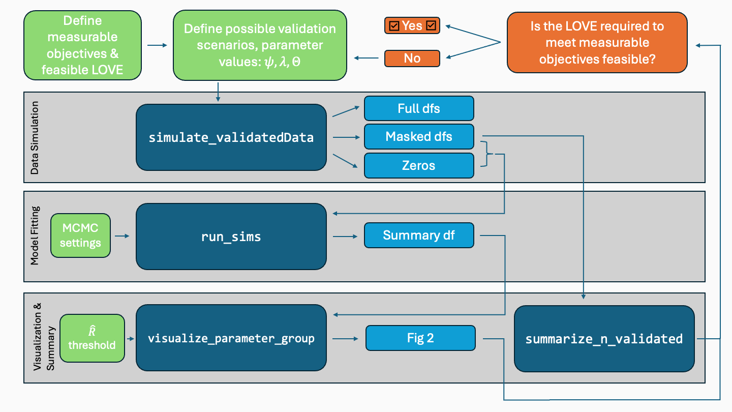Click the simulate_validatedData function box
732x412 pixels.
(231, 137)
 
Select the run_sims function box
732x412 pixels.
(231, 237)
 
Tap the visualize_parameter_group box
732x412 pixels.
(231, 338)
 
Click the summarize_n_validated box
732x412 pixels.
(604, 338)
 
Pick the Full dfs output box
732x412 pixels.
(419, 108)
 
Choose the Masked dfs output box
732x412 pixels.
(419, 136)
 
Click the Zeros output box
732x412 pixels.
(419, 165)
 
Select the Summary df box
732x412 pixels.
(419, 236)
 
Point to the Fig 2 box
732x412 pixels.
(420, 338)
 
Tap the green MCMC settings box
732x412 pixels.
(80, 236)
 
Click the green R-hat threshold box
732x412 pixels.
(92, 338)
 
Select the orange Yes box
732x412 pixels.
(412, 25)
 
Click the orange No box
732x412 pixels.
(412, 58)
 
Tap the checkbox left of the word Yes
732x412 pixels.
(393, 25)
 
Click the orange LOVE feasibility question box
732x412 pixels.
(597, 43)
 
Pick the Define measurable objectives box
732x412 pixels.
(82, 45)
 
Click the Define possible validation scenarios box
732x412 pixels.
(260, 45)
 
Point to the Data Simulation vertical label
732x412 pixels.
(35, 137)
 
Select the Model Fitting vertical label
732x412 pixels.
(35, 236)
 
